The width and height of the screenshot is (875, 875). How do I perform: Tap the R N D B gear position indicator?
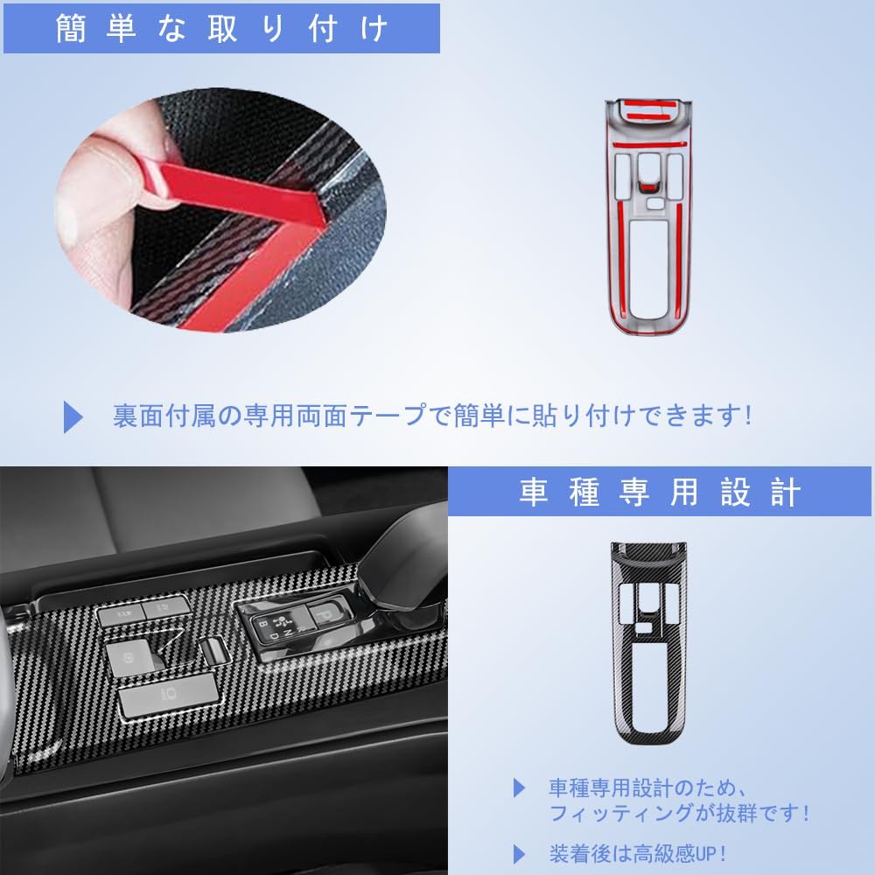(278, 628)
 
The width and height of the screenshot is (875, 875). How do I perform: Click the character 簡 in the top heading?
(73, 28)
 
